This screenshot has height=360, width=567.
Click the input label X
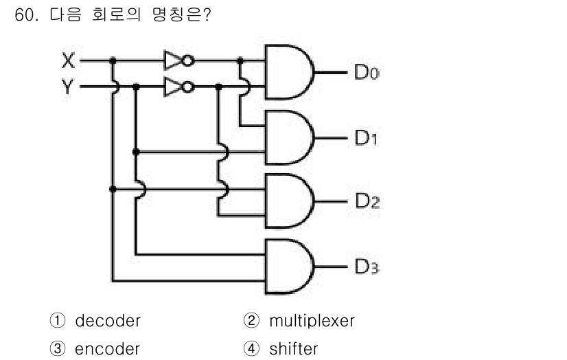[68, 60]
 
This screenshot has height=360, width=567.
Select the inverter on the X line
[177, 60]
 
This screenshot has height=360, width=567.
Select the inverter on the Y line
[177, 87]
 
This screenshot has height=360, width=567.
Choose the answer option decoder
[107, 321]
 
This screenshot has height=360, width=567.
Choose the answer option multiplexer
[311, 321]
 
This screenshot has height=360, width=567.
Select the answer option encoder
[107, 348]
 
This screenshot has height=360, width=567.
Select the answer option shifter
[293, 348]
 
